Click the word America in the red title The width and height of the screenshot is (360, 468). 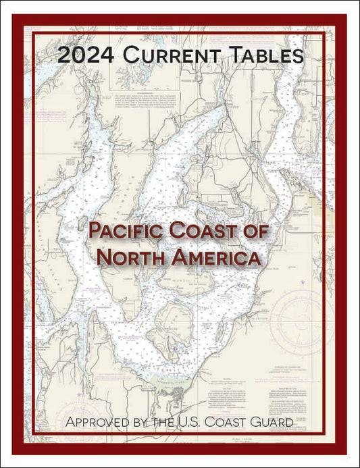tap(217, 257)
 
